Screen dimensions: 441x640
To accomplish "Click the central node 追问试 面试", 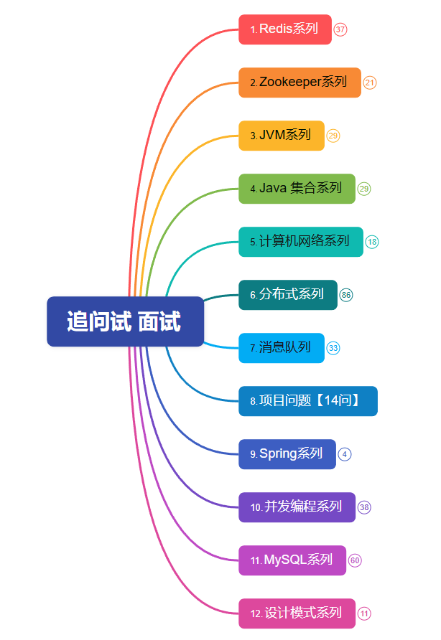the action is [125, 321].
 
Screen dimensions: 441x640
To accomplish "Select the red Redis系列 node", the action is [285, 29].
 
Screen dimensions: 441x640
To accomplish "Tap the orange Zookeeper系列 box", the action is [300, 83].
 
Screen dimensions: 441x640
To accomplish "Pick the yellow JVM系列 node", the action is [282, 136].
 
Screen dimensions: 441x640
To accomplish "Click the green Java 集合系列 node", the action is [297, 189].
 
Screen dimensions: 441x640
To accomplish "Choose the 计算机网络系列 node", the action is [301, 242].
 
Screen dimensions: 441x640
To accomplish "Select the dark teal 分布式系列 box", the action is [287, 295].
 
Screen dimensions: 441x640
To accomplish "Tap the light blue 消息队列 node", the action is [282, 348].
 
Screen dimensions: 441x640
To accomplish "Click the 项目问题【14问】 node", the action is [307, 401].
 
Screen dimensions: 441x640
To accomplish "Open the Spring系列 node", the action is [287, 454].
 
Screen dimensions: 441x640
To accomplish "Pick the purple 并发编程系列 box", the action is [297, 507].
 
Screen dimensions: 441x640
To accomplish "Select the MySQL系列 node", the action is [292, 560].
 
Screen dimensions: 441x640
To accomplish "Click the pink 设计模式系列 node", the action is [297, 613].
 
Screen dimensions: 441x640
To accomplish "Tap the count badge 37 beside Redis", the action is [340, 30].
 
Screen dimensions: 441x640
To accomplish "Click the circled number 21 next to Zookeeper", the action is [370, 83].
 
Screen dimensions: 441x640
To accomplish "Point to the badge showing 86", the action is [346, 295].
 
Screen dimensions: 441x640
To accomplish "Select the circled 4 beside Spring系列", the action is [345, 454].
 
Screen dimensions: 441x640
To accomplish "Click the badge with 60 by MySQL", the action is [355, 560].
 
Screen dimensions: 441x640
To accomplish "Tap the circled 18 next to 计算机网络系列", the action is [372, 242].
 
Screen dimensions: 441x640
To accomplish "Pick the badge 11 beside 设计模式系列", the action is [365, 613].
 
